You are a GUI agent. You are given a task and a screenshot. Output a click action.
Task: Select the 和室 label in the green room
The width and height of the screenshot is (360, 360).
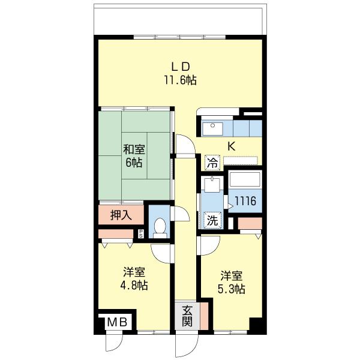[x=134, y=149]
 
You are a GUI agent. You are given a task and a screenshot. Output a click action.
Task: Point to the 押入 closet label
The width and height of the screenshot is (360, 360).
[x=121, y=214]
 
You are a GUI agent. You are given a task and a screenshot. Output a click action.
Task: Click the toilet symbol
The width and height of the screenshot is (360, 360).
[x=160, y=226]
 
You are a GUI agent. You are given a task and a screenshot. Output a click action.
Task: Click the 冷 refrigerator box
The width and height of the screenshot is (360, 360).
[x=212, y=162]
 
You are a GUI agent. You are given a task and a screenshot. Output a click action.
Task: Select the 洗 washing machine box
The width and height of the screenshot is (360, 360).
[x=213, y=220]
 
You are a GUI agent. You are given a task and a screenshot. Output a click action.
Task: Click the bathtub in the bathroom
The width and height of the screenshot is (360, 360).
[x=244, y=181]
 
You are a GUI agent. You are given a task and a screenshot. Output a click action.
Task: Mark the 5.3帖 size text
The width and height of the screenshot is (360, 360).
[x=231, y=289]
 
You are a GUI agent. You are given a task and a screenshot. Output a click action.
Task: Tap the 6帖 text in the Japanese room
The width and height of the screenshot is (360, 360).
[x=134, y=163]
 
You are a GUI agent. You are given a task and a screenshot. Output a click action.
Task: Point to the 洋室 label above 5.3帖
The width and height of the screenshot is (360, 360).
[x=231, y=276]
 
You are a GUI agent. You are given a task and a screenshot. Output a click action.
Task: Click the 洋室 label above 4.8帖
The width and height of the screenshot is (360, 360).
[x=134, y=272]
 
